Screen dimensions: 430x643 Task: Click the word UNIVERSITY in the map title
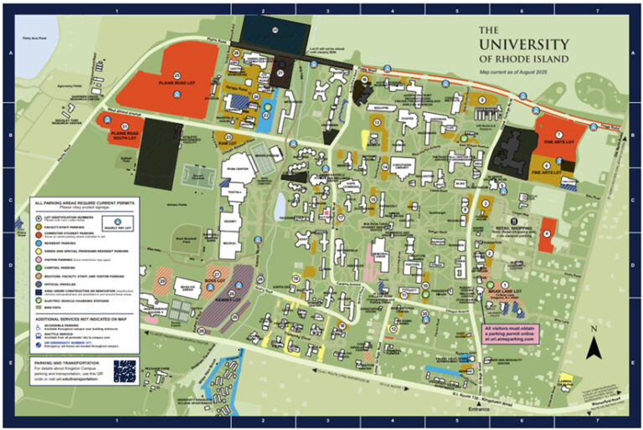[x=523, y=44]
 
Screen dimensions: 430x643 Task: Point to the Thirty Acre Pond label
[x=35, y=39]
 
